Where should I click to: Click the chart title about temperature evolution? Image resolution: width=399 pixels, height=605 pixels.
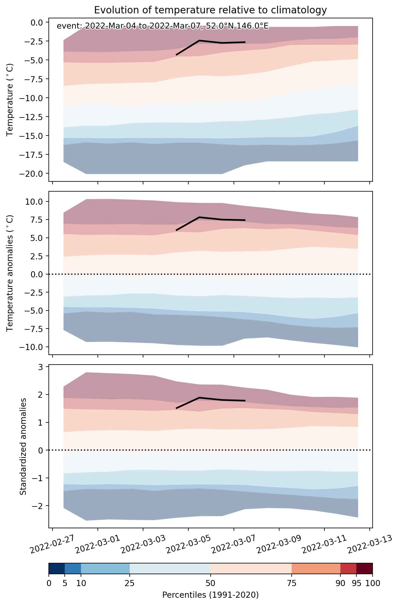[210, 10]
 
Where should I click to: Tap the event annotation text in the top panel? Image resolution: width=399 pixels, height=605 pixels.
[163, 26]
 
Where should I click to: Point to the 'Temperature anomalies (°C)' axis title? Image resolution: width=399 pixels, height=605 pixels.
[10, 273]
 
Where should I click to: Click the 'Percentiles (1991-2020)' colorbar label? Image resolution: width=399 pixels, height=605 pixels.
[210, 595]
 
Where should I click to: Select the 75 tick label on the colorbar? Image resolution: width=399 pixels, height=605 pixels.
[291, 583]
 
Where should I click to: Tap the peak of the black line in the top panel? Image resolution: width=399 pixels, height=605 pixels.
[199, 40]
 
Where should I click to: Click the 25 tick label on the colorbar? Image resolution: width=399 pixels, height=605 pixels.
[130, 583]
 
